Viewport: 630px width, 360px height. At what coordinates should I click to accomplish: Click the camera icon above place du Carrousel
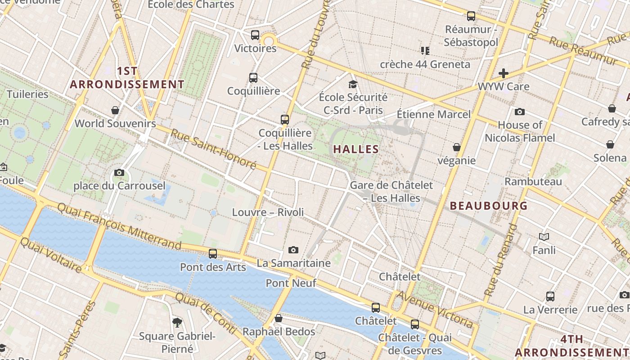tap(119, 172)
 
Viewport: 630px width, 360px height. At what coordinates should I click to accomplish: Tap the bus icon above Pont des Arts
tap(213, 254)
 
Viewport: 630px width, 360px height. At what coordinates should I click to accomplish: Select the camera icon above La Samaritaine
tap(293, 250)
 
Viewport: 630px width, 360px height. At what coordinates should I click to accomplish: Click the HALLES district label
tap(356, 149)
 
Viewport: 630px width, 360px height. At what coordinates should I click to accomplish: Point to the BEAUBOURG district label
tap(489, 206)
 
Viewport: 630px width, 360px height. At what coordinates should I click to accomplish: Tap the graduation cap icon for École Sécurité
tap(353, 84)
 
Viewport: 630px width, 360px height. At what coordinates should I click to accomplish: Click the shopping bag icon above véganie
tap(457, 147)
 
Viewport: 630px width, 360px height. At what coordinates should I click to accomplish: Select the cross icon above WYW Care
tap(504, 73)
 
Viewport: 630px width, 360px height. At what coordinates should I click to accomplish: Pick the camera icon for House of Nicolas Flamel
tap(520, 112)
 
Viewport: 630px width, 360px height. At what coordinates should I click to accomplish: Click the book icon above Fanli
tap(544, 237)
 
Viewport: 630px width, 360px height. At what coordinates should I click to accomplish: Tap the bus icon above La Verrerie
tap(550, 297)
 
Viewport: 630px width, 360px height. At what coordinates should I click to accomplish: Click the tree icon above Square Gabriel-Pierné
tap(177, 322)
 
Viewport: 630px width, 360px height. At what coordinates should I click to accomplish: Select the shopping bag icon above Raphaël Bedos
tap(279, 319)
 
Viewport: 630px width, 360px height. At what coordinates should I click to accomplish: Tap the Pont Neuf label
tap(291, 283)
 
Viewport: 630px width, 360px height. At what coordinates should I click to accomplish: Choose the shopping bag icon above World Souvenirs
tap(115, 110)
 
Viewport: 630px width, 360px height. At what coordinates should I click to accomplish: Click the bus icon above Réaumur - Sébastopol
tap(471, 16)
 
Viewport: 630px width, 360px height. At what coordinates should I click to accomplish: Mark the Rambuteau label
tap(533, 182)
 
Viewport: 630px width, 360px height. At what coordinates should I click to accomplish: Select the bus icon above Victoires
tap(255, 35)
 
